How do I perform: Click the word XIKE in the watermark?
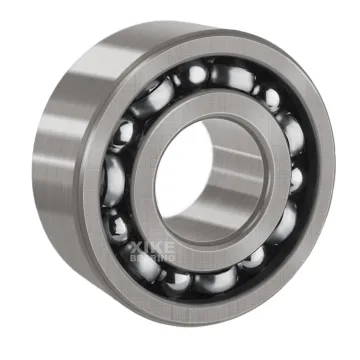pyautogui.click(x=154, y=244)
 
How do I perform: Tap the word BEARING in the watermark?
pyautogui.click(x=154, y=257)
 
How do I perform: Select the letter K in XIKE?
pyautogui.click(x=158, y=244)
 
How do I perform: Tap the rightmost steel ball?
pyautogui.click(x=296, y=180)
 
